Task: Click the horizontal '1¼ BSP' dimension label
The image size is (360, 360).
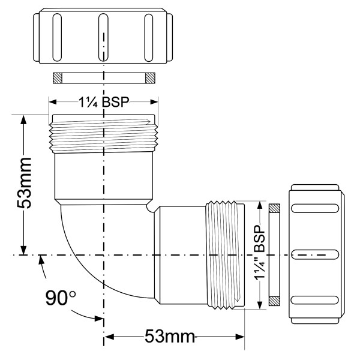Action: coord(104,101)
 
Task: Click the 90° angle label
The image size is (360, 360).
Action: coord(62,298)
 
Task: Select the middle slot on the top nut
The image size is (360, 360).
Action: coord(103,38)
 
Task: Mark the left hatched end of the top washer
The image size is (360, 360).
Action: coord(58,78)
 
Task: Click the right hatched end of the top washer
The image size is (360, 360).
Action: coord(149,78)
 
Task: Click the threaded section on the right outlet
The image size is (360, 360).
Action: coord(226,254)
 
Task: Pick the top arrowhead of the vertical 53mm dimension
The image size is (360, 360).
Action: coord(23,118)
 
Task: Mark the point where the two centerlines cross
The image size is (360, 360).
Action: coord(104,256)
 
